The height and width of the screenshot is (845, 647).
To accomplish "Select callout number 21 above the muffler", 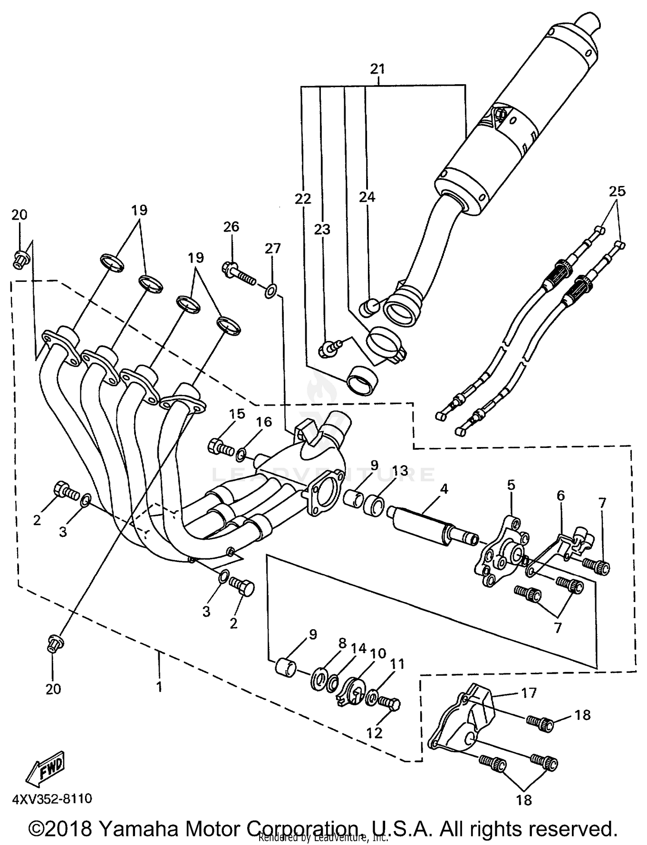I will click(x=377, y=69).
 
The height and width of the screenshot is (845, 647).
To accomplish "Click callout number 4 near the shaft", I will click(x=444, y=489).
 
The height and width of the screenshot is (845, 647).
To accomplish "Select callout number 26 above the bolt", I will click(x=231, y=227).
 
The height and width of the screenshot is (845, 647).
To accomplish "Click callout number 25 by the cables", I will click(x=617, y=191).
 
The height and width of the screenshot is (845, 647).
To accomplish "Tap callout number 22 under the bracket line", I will click(x=303, y=199).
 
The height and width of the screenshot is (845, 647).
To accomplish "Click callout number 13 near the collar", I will click(x=400, y=471).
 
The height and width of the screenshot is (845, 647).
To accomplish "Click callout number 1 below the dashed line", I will click(x=159, y=686).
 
